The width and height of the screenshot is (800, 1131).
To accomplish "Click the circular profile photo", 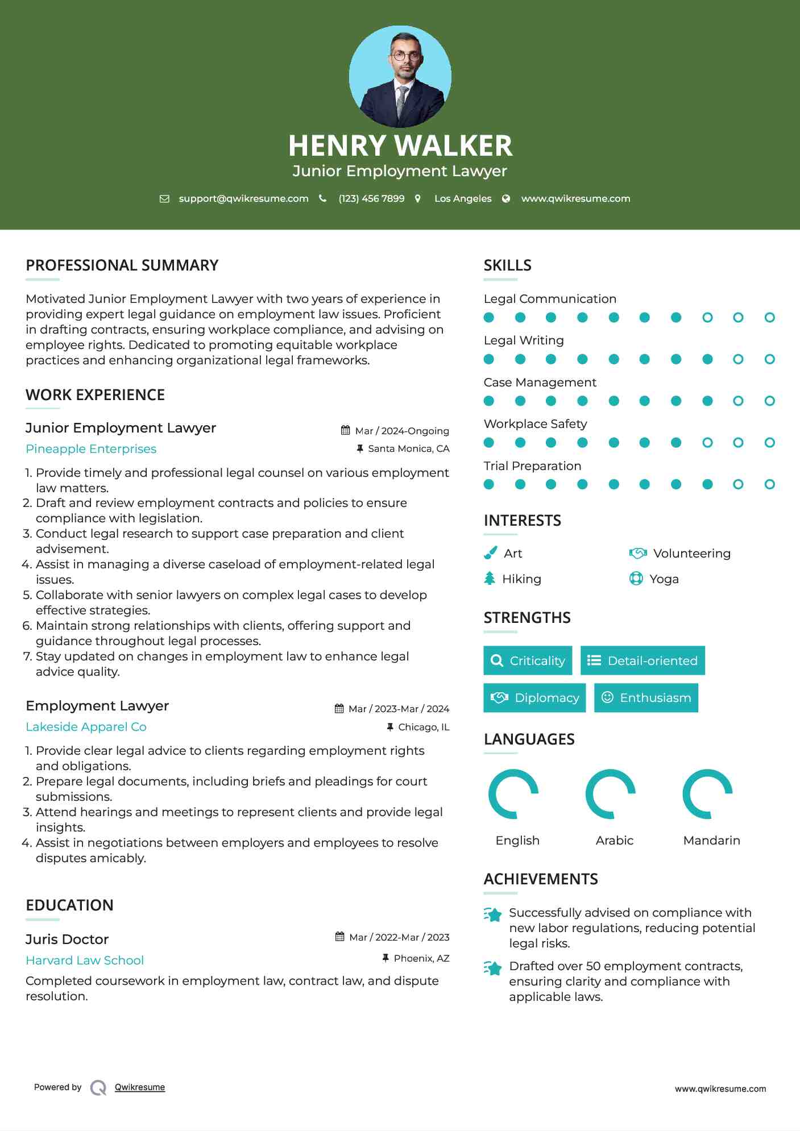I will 400,76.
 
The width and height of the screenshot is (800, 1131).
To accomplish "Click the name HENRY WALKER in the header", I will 400,145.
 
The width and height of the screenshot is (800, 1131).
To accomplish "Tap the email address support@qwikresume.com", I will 243,198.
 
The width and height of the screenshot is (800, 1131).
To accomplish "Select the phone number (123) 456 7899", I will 371,198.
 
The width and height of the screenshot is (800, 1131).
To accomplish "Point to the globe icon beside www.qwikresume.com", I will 505,198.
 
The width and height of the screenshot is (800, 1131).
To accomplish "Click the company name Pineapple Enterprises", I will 91,449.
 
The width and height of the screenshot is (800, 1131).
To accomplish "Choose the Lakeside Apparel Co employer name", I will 86,727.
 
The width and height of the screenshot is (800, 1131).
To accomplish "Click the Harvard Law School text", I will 85,960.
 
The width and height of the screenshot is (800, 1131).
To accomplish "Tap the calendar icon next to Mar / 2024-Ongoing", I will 345,430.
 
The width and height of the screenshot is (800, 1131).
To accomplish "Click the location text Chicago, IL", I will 424,727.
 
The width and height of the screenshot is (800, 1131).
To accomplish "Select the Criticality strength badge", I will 528,660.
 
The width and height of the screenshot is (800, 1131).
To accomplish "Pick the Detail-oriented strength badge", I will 643,660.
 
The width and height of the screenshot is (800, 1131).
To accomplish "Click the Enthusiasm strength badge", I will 646,697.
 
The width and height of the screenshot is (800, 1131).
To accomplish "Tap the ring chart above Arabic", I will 610,794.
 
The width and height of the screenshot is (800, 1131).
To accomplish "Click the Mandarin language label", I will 711,841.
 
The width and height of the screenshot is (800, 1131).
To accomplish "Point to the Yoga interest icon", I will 636,579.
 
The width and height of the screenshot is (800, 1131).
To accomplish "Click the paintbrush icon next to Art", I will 490,553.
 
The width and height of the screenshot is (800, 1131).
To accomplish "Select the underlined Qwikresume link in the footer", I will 140,1087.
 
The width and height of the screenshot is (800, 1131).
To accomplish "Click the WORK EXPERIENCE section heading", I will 95,395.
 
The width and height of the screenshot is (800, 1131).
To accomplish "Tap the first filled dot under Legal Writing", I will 488,359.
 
